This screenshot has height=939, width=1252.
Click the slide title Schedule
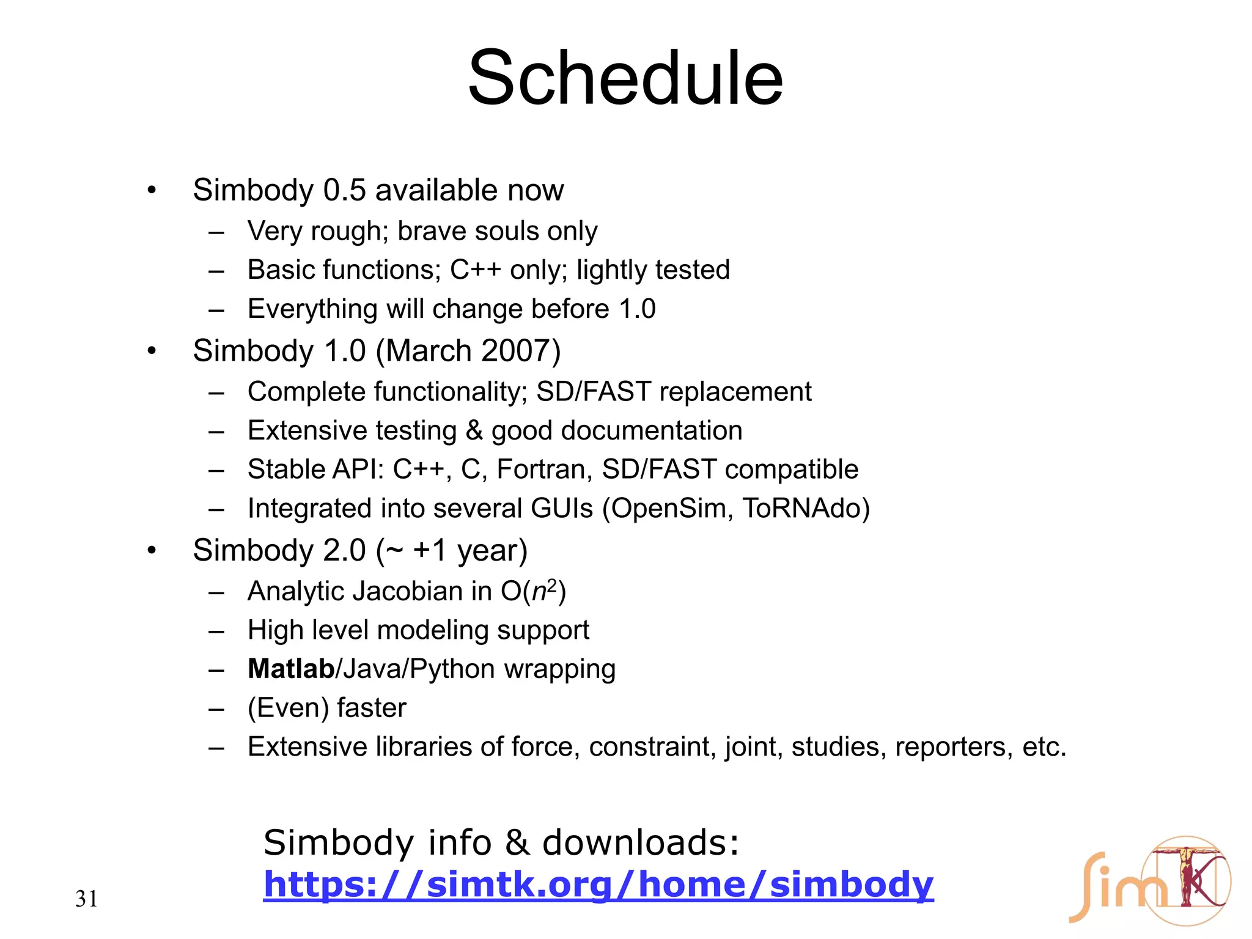click(625, 78)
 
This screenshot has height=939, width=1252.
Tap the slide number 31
click(86, 899)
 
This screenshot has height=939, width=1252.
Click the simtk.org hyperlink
click(598, 885)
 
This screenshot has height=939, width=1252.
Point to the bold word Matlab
click(291, 669)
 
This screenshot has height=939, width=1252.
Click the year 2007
click(517, 351)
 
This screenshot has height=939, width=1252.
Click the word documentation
click(651, 430)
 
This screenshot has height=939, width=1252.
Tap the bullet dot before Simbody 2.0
click(152, 550)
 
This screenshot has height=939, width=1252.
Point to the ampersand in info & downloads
click(517, 843)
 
